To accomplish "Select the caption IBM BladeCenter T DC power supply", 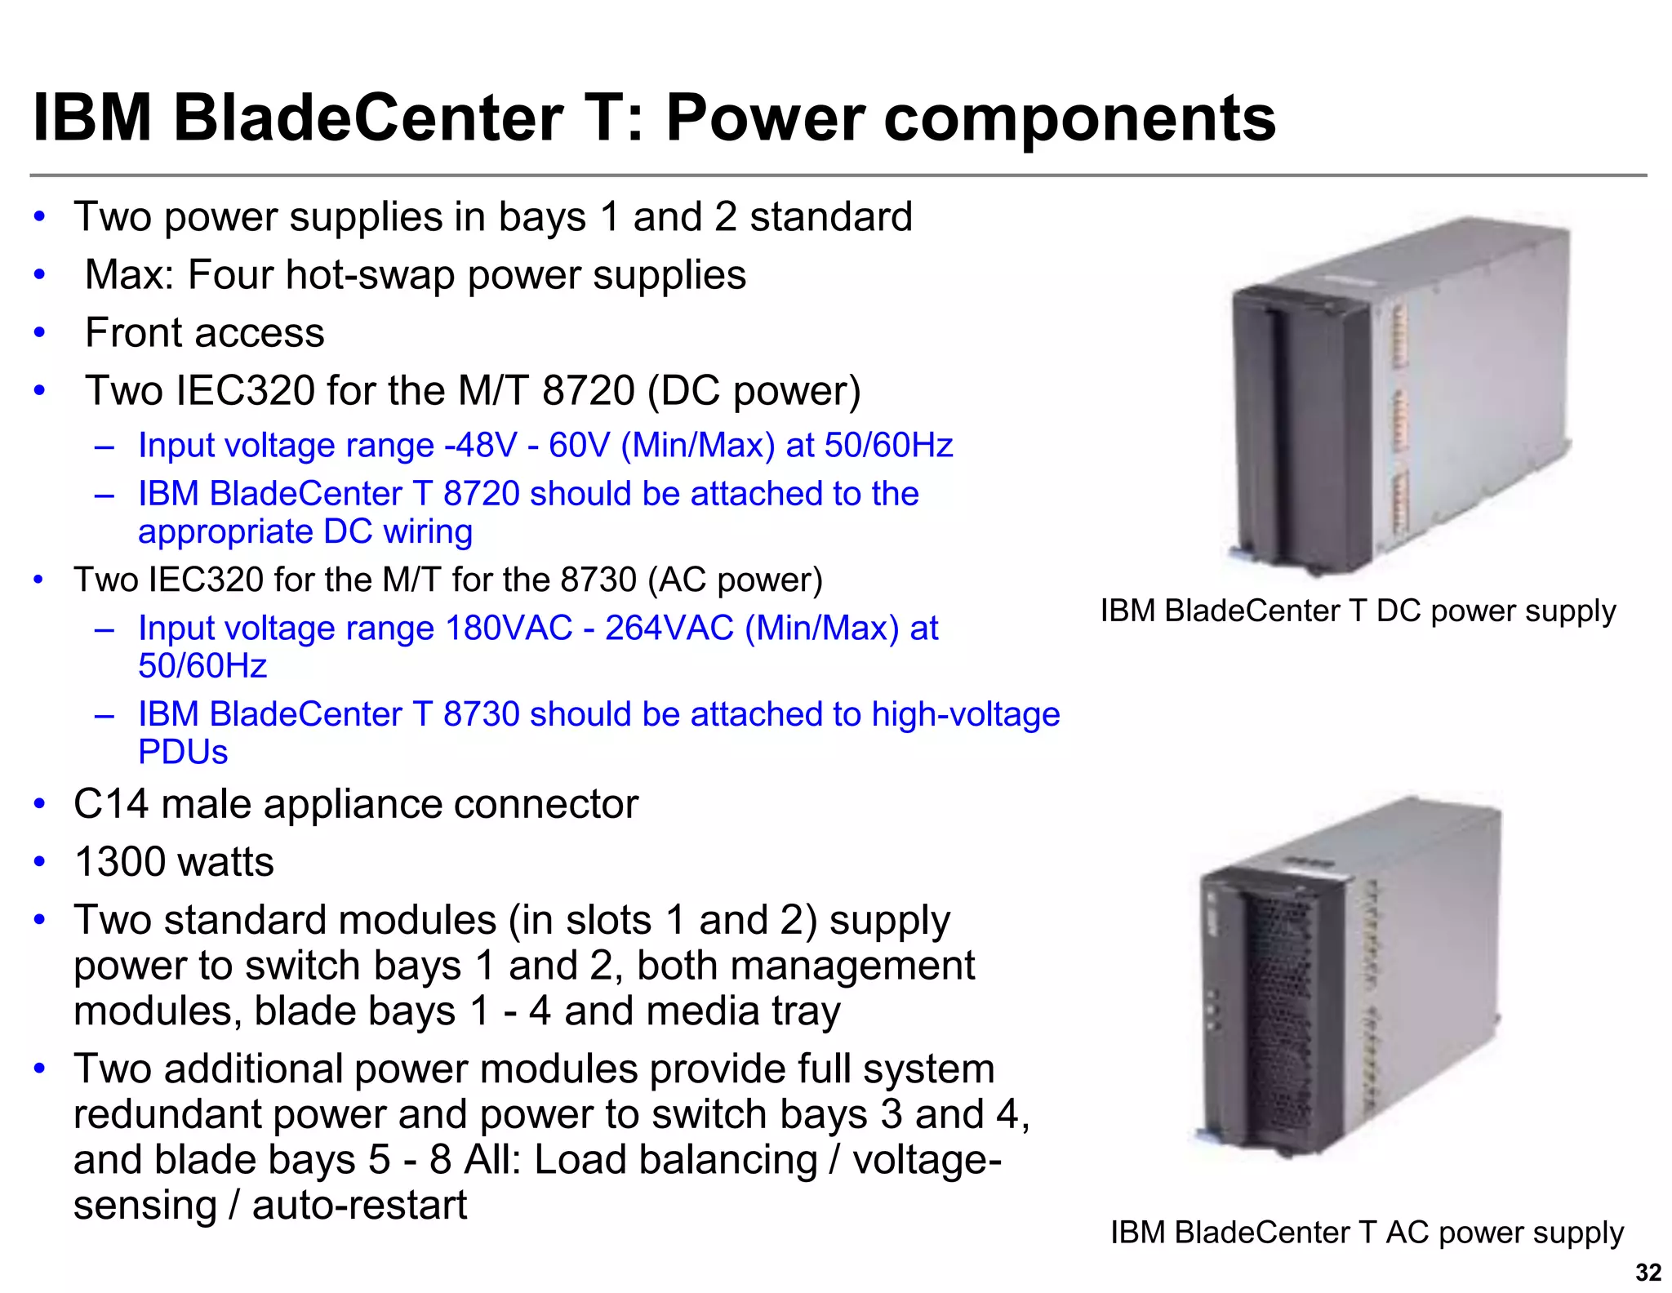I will point(1358,611).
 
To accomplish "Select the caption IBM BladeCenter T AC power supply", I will point(1367,1233).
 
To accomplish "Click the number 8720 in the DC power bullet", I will point(588,390).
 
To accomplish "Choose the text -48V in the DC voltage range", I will point(481,446).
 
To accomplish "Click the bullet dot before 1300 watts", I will point(39,863).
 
